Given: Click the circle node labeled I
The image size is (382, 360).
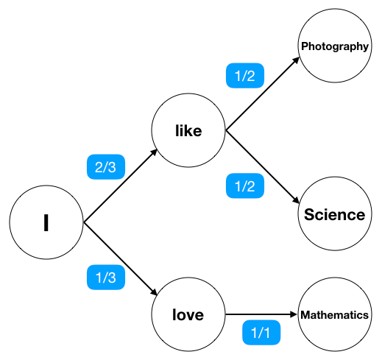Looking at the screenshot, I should pos(46,222).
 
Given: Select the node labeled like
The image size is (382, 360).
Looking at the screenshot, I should pos(188,131).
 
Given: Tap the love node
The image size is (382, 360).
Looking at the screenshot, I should pos(188,315).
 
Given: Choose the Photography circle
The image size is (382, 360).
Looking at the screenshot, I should pos(334,47).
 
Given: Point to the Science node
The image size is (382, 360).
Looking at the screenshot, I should pos(334,214).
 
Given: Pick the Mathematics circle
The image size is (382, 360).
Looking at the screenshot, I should pos(334,315).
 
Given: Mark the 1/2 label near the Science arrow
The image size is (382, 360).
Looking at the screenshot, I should pos(245,186).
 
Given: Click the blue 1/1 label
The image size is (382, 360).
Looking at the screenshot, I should pos(261,333).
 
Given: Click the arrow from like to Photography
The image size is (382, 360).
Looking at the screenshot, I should pos(261,93).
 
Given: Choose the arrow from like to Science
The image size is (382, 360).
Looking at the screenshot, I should pos(261,169).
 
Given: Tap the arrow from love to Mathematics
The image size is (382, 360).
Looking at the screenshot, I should pos(261,315).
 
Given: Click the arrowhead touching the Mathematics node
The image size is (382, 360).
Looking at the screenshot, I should pos(293,315).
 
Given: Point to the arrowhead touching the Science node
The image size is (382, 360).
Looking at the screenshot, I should pos(296,201).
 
